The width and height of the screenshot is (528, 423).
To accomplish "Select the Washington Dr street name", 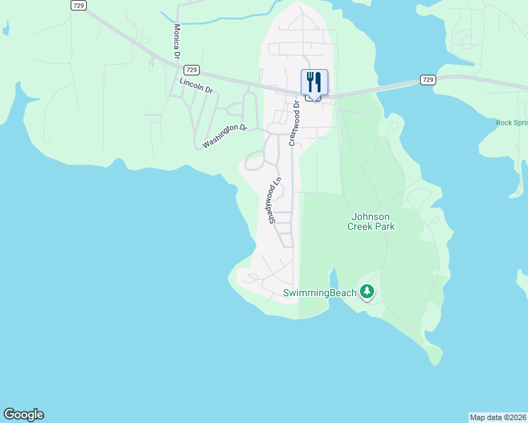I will click(x=224, y=137).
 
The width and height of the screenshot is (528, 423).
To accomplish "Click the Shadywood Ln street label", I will click(x=275, y=200).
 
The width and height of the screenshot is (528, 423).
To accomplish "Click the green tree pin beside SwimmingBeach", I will click(x=366, y=290).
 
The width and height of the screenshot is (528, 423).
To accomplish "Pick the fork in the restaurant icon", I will click(x=310, y=82).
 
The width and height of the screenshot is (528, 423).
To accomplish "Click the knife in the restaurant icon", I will click(x=319, y=82).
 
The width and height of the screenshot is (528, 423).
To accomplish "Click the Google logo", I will click(x=23, y=415).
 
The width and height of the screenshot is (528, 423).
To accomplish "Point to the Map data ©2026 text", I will click(x=498, y=417).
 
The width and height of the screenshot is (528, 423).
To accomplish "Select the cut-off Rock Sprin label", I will click(x=511, y=123).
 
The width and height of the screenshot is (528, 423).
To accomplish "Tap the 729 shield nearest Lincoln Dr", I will click(x=191, y=70).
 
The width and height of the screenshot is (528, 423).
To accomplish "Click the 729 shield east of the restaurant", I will click(x=427, y=80).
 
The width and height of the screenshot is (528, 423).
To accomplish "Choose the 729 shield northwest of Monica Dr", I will click(x=78, y=5).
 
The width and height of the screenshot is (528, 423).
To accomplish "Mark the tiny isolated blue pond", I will click(x=6, y=29).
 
